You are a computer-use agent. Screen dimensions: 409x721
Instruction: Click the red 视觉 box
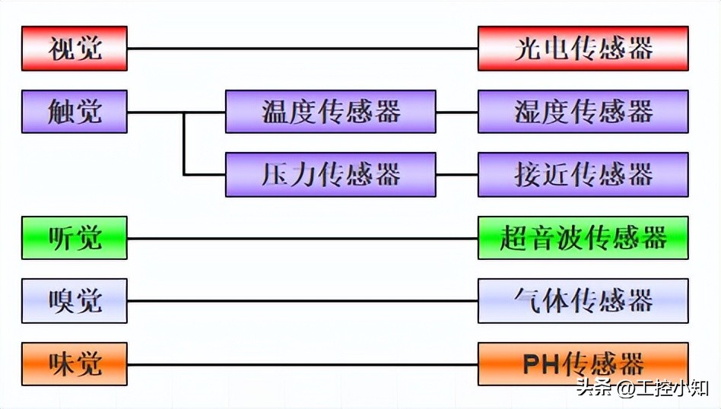point(75,49)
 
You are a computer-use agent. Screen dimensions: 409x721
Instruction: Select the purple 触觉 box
point(75,112)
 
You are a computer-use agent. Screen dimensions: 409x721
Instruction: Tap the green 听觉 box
point(75,238)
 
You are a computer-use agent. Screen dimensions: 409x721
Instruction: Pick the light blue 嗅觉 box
point(75,301)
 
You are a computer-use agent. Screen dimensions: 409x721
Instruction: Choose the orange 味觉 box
point(75,363)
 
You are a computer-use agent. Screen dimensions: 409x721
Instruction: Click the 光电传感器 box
point(583,49)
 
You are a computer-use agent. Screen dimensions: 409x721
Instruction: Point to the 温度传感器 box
point(331,112)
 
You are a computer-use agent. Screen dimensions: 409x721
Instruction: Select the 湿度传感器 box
point(583,112)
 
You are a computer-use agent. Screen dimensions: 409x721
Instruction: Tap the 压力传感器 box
point(331,175)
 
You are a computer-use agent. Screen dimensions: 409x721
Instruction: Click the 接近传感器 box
point(583,175)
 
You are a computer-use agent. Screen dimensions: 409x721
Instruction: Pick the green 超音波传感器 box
point(583,238)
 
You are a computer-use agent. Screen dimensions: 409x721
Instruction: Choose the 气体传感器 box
point(583,301)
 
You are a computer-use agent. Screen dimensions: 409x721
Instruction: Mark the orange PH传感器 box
point(583,363)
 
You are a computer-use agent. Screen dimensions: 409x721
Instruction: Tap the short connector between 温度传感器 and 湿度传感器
point(457,112)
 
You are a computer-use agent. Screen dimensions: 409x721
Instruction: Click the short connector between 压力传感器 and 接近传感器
point(457,175)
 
